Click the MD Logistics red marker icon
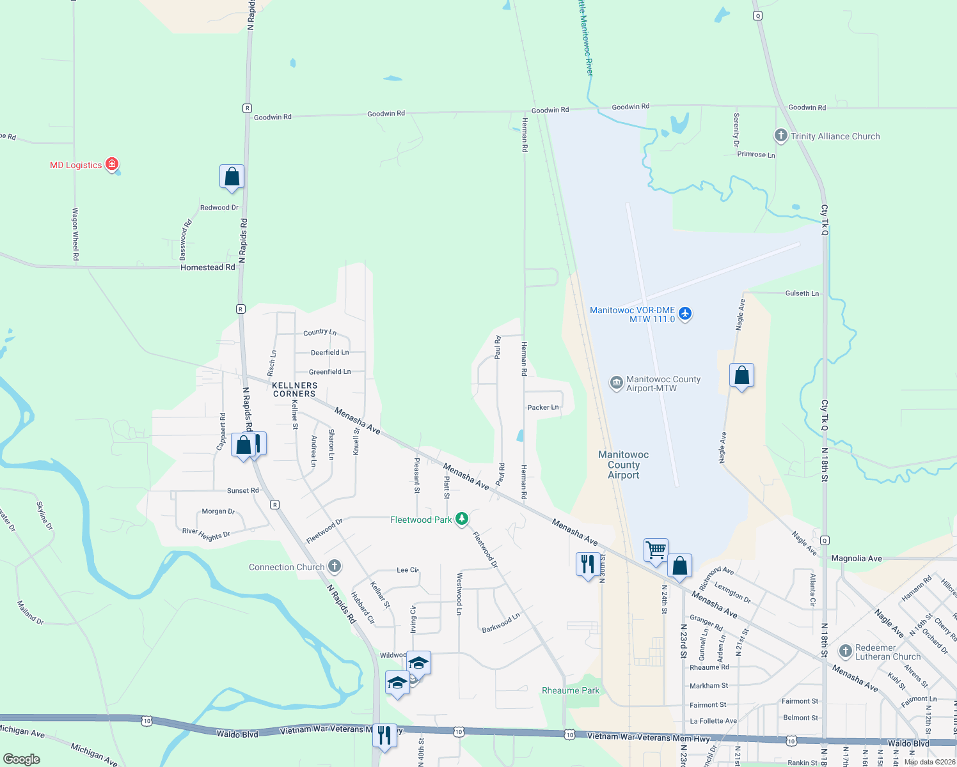tap(112, 164)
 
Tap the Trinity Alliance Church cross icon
tap(780, 136)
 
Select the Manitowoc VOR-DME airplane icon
tap(685, 313)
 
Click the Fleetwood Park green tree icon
tap(461, 519)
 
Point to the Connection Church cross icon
tap(334, 566)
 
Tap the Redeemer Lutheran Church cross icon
tap(845, 651)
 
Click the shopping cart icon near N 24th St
tap(656, 550)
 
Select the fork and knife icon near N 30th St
tap(587, 564)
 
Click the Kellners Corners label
tap(294, 389)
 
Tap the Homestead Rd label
tap(208, 267)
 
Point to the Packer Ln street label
tap(543, 407)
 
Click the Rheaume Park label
tap(571, 690)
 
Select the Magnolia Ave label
tap(857, 558)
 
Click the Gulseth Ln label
tap(802, 293)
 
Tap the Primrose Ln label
tap(756, 154)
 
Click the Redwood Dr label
tap(219, 208)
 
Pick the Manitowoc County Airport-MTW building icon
tap(616, 383)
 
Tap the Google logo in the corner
tap(22, 759)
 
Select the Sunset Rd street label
tap(243, 490)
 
